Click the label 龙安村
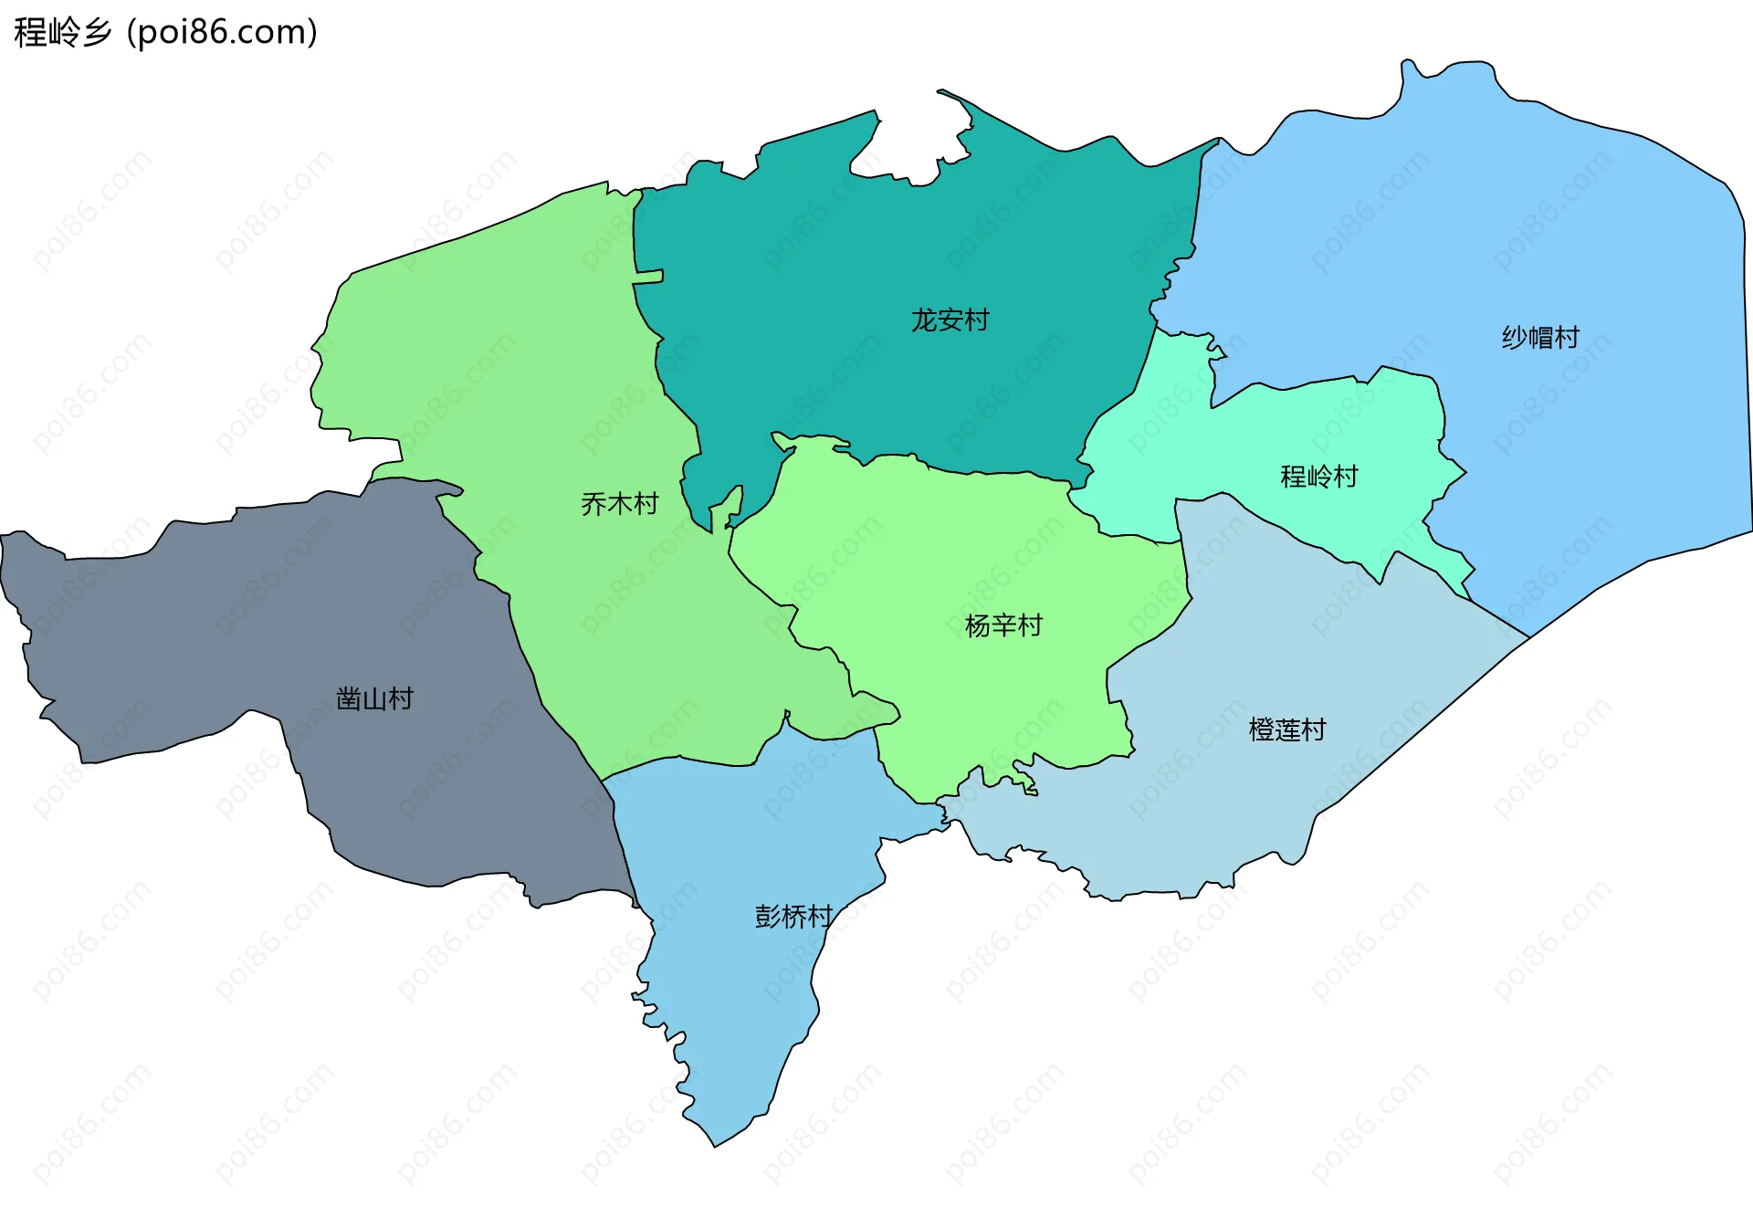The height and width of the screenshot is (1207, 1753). (950, 320)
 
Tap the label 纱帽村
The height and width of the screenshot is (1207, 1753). (1540, 338)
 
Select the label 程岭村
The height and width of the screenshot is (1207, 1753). (1318, 477)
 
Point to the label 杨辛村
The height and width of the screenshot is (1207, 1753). (1002, 625)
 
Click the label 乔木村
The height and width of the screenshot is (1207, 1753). (619, 504)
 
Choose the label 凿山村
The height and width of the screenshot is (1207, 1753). (374, 699)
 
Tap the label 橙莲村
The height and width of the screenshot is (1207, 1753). (1286, 729)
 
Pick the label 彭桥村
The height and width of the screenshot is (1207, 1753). (793, 917)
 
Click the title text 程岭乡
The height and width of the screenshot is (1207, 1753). (62, 32)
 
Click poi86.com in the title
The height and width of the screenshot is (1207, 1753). (223, 32)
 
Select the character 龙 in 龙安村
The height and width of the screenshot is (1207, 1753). (924, 320)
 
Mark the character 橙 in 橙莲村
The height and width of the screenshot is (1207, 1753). (1261, 729)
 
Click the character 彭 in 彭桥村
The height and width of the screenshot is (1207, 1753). (767, 917)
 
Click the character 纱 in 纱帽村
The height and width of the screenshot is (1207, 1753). (1515, 338)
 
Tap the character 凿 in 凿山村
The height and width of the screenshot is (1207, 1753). (349, 699)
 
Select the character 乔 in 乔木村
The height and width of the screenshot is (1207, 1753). (593, 504)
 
